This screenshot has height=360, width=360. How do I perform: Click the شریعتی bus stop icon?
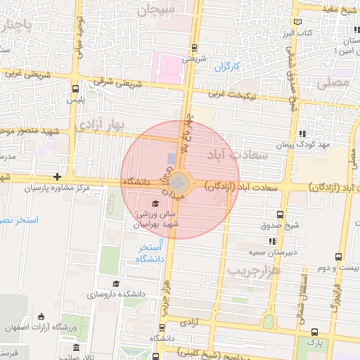tap(194, 48)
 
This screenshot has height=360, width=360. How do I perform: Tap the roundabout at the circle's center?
tap(179, 184)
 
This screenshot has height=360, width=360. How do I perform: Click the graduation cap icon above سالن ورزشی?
tap(155, 203)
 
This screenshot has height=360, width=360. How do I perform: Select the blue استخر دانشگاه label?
tap(151, 253)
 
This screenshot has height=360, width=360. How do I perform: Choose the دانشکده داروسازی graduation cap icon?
tap(116, 283)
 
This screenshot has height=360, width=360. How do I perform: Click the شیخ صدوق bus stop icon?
tap(281, 214)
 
